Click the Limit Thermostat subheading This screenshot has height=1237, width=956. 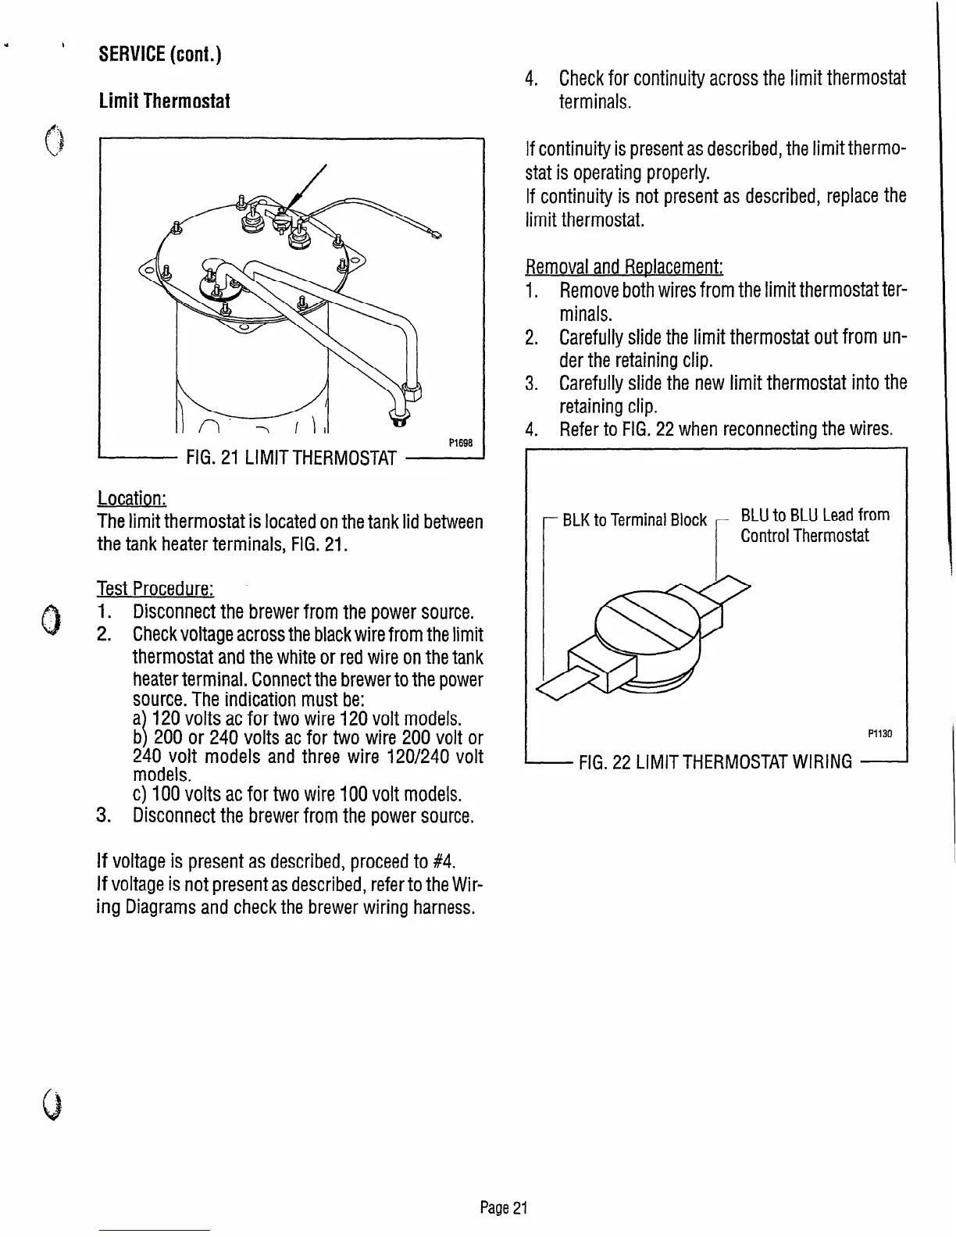pyautogui.click(x=164, y=102)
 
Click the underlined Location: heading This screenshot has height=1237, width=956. pyautogui.click(x=132, y=498)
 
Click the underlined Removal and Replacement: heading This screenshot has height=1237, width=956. pyautogui.click(x=625, y=267)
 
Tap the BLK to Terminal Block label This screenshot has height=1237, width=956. pyautogui.click(x=634, y=520)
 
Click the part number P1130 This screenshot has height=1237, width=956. pyautogui.click(x=879, y=733)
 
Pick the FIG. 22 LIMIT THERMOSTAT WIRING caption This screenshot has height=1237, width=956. pyautogui.click(x=715, y=761)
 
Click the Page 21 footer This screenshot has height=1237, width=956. pyautogui.click(x=504, y=1208)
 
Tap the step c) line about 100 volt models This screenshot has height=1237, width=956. pyautogui.click(x=297, y=795)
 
